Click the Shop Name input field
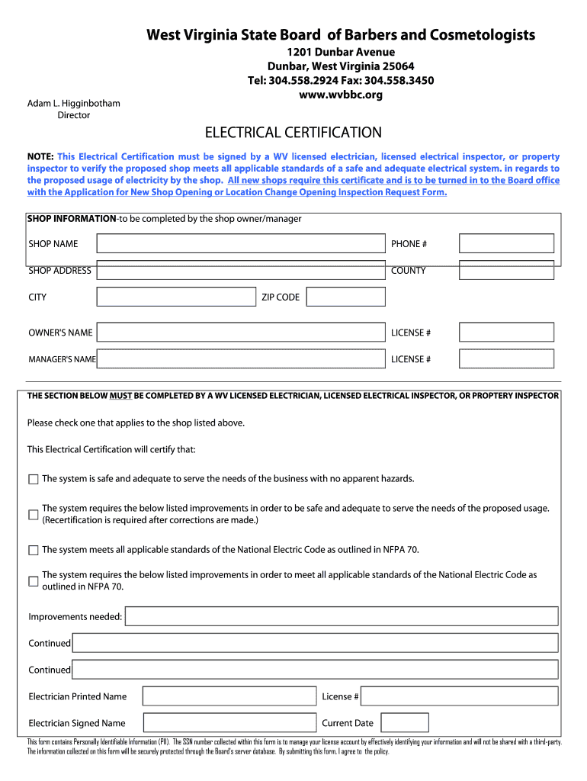coord(241,243)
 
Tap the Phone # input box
coord(506,243)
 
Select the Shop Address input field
coord(241,271)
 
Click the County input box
coord(506,271)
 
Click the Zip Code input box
coord(345,297)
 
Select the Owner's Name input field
coord(241,333)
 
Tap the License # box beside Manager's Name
coord(506,359)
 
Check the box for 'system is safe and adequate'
coord(33,480)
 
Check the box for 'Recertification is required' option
coord(33,515)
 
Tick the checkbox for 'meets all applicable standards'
coord(33,550)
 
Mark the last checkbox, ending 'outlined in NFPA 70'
coord(33,581)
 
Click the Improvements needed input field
coord(341,616)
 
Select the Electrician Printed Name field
coord(229,696)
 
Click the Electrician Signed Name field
coord(229,723)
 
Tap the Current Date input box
coord(404,723)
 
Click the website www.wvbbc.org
coord(341,95)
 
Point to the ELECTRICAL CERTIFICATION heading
coord(293,133)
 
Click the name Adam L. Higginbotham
coord(74,103)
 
